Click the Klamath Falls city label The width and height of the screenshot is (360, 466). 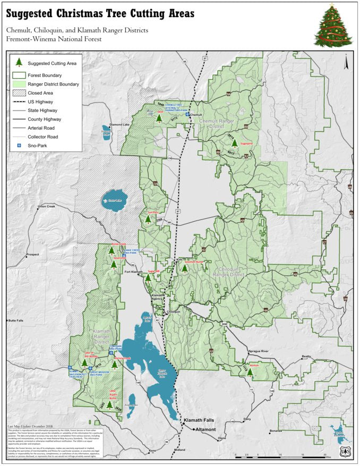[x=198, y=420]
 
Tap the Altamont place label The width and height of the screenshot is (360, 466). [x=208, y=429]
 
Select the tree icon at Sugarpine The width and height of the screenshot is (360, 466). [x=234, y=143]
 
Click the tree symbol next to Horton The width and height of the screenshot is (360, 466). [x=250, y=372]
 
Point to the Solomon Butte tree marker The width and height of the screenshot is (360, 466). [x=185, y=268]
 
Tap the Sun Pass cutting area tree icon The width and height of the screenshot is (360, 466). [x=148, y=219]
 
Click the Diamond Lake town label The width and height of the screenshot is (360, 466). [x=119, y=125]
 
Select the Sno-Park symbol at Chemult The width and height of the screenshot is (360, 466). [x=187, y=114]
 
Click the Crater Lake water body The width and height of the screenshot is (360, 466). [x=114, y=199]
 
